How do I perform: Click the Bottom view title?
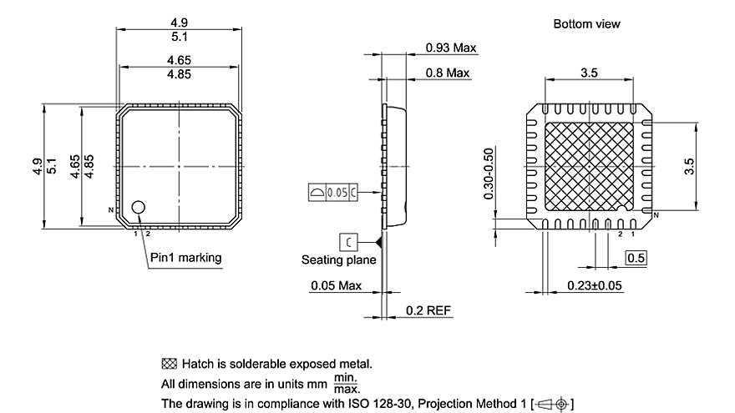(x=586, y=24)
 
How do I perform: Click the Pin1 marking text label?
(x=185, y=257)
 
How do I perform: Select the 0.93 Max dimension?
(x=450, y=48)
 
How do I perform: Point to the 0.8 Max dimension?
(x=447, y=73)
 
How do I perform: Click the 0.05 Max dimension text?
(x=336, y=285)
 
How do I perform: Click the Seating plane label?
(x=338, y=259)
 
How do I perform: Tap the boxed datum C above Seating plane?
(x=349, y=242)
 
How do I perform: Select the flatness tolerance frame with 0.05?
(x=333, y=192)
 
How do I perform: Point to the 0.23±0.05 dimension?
(x=595, y=285)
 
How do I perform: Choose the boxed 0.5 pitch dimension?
(x=636, y=258)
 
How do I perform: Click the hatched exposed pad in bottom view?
(x=590, y=166)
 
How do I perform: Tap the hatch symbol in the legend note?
(x=170, y=364)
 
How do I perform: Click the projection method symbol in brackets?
(x=551, y=405)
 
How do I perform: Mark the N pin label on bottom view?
(x=656, y=216)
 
